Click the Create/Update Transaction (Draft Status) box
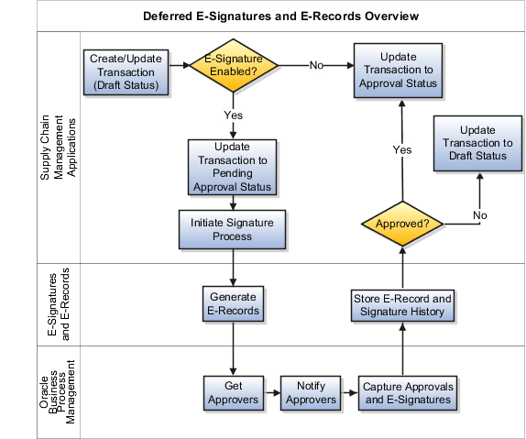126,71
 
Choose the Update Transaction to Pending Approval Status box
232,167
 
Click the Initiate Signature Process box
232,229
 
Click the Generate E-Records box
233,303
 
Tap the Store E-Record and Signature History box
401,304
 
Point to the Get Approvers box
233,392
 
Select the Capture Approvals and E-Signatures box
406,392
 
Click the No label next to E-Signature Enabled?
316,66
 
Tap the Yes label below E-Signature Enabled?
232,115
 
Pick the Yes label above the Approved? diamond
401,148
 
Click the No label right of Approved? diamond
478,214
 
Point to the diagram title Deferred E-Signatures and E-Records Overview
281,16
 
